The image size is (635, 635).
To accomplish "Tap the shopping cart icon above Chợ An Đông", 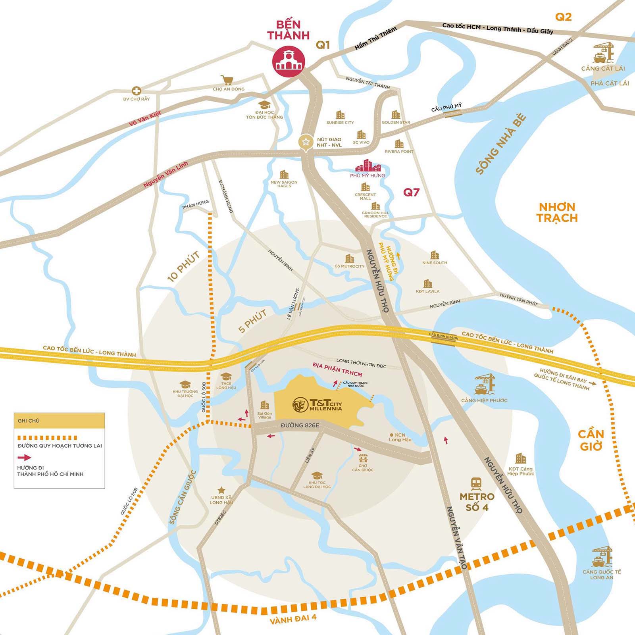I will (227, 81).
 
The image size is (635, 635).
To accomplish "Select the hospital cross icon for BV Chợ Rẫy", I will (137, 90).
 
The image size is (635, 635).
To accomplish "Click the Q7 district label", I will (411, 192).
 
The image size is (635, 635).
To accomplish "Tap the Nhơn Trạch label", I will (557, 212).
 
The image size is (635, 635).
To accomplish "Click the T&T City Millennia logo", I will (317, 404).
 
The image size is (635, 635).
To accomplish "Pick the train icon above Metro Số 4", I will (476, 483).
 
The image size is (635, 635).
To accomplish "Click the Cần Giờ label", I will (591, 440).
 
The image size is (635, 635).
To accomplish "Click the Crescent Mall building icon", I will (365, 187).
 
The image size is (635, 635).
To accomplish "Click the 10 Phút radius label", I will (183, 267).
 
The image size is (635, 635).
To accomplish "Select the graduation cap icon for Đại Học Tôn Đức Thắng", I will (264, 104).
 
